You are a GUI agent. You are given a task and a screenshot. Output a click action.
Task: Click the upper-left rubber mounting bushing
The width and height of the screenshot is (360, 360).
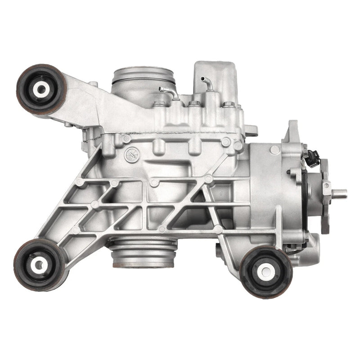41,89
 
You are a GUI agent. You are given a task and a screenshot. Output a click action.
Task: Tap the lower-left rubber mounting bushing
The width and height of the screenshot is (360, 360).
39,265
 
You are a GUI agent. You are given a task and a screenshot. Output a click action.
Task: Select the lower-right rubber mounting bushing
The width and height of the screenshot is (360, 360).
266,271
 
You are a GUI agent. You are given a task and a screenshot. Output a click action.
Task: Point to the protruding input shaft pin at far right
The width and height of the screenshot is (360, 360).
340,193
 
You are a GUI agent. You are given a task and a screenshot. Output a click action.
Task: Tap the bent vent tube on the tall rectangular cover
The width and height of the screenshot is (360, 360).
208,84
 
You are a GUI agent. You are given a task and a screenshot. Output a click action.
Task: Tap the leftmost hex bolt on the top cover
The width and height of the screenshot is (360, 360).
159,104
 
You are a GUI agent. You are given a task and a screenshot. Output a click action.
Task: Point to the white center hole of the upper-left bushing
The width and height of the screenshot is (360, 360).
41,89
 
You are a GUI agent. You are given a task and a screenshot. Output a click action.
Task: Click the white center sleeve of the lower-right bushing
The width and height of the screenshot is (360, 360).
266,271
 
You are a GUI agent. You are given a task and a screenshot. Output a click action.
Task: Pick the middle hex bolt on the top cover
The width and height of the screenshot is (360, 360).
194,104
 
